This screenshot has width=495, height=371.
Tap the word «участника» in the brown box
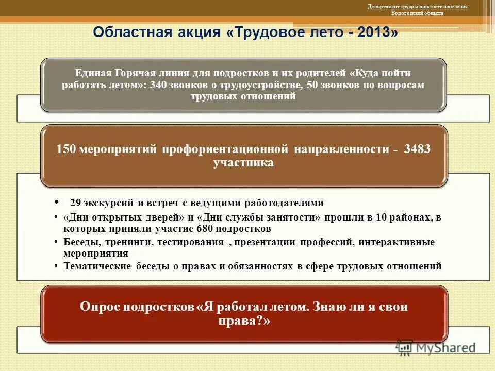point(243,163)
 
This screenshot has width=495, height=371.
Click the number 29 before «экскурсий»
point(75,203)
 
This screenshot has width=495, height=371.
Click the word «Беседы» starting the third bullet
point(80,242)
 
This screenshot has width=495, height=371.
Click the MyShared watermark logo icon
point(404,347)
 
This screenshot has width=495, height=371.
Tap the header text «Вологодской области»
point(417,13)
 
